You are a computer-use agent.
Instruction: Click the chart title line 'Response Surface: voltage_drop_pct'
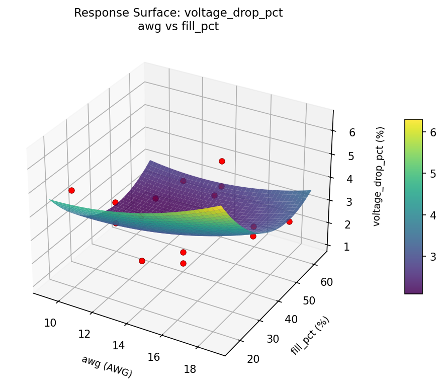click(x=178, y=13)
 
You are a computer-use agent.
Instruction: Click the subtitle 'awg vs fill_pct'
click(x=178, y=27)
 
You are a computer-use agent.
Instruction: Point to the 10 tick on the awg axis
click(x=50, y=323)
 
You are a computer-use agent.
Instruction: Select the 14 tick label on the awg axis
click(x=119, y=345)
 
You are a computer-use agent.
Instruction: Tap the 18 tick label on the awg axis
click(x=190, y=369)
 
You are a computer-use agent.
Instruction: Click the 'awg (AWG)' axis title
click(x=107, y=366)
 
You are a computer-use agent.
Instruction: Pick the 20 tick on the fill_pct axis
click(x=254, y=358)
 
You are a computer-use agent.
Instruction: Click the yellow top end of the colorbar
click(x=413, y=122)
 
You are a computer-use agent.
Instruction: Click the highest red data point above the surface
click(x=222, y=161)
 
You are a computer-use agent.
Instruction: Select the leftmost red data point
click(x=71, y=190)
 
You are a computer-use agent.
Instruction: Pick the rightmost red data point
click(x=289, y=221)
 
